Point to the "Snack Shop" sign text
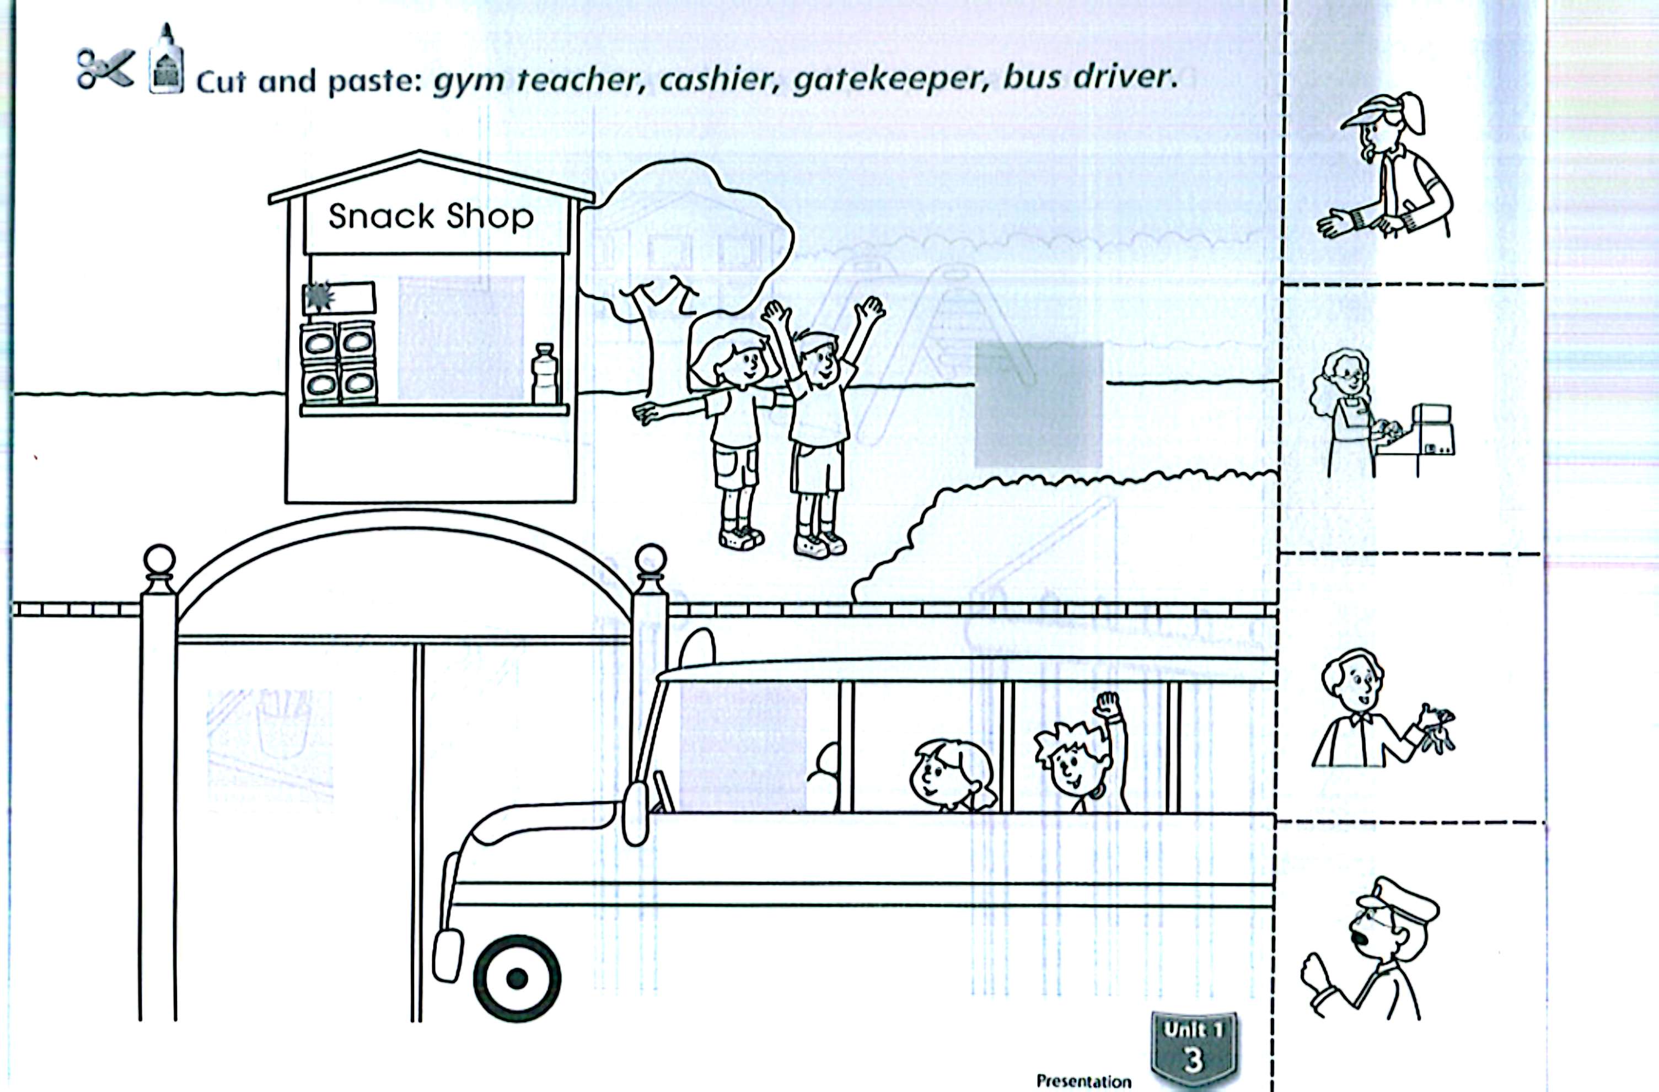coord(431,217)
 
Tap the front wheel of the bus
coord(517,978)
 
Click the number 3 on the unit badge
coord(1193,1058)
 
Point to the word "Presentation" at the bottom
coord(1083,1081)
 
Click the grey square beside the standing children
coord(1038,404)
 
